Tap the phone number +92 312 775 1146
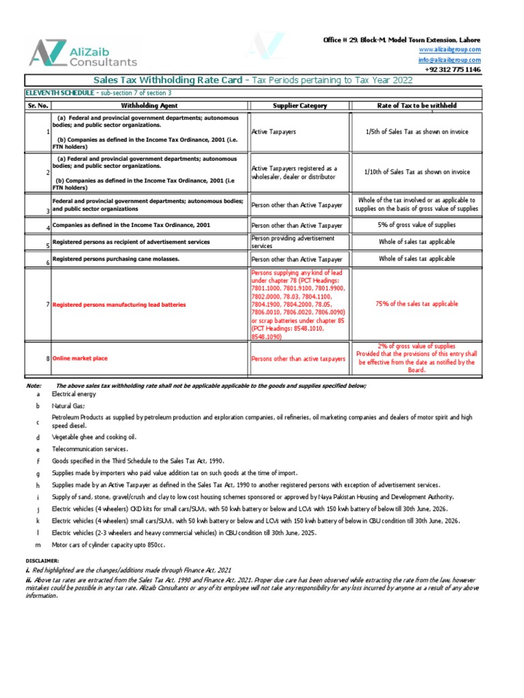(452, 70)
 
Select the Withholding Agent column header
(149, 106)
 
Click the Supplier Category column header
(300, 106)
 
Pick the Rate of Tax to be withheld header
(417, 106)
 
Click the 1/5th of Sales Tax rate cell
(417, 132)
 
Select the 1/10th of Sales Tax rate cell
(417, 172)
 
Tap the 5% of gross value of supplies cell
(417, 225)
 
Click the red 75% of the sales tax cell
(417, 304)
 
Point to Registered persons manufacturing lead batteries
(119, 305)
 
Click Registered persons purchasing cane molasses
(116, 259)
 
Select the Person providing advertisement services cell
(293, 242)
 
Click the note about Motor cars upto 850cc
(108, 545)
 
